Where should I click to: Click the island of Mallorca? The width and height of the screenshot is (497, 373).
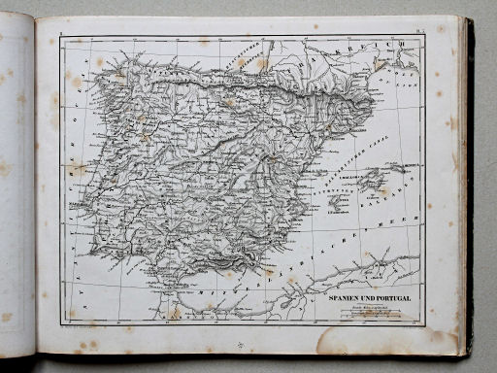pos(373,182)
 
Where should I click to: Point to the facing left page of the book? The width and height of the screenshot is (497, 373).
pos(17,185)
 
